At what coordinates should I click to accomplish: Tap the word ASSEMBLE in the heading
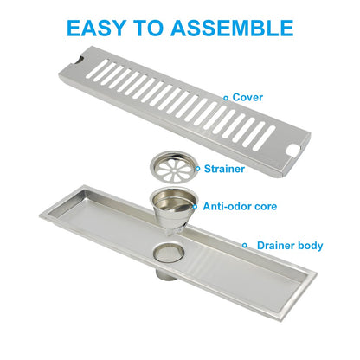coord(232,28)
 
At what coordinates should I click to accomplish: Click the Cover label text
coord(247,97)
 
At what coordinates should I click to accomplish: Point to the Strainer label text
coord(224,169)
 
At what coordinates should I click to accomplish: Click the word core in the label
coord(267,207)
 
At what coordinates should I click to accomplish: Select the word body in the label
coord(311,246)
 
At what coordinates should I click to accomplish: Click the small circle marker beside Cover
coord(226,98)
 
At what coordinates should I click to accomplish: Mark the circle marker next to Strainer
coord(197,169)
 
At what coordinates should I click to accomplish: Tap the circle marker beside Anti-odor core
coord(196,207)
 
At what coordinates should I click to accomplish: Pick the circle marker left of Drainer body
coord(245,246)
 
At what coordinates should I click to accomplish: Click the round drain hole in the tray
coord(169,253)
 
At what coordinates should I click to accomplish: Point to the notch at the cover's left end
coord(78,61)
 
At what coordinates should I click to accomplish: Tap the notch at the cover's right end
coord(294,151)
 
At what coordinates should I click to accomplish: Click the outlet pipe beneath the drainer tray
coord(167,274)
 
